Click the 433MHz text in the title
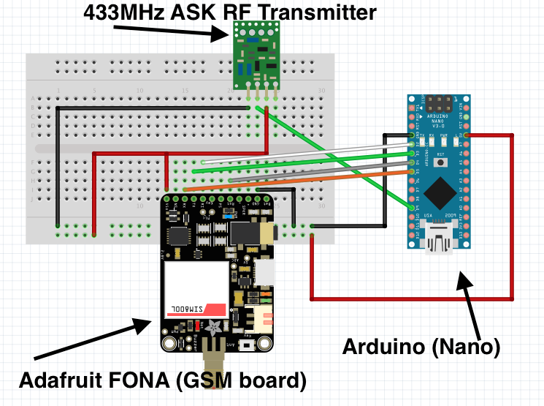pyautogui.click(x=120, y=12)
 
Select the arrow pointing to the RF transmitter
pyautogui.click(x=168, y=31)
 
